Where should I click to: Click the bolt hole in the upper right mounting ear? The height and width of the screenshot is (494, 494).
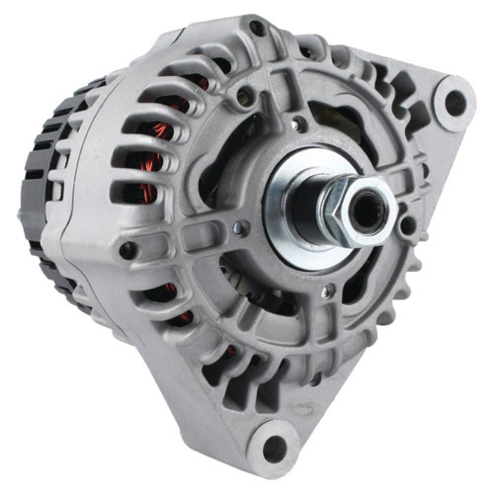(x=453, y=101)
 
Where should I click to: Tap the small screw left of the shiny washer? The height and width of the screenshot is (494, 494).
(x=236, y=229)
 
